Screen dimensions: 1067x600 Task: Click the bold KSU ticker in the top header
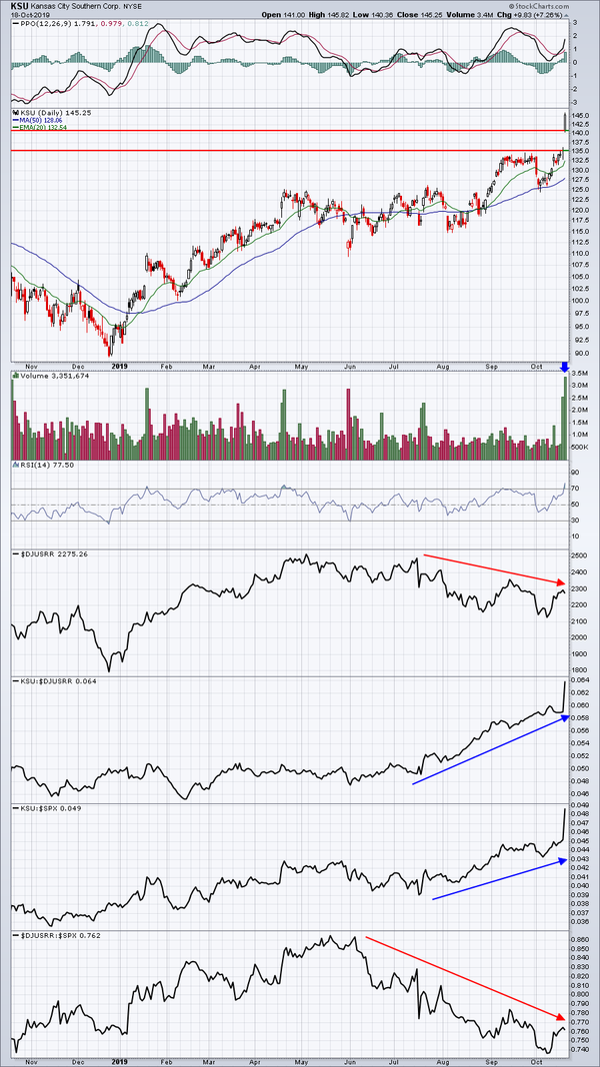coord(20,6)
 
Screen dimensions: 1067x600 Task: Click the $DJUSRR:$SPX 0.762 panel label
coord(55,935)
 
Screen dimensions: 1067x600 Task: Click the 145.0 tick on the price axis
coord(580,114)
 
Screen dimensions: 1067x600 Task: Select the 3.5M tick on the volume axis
coord(581,374)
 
